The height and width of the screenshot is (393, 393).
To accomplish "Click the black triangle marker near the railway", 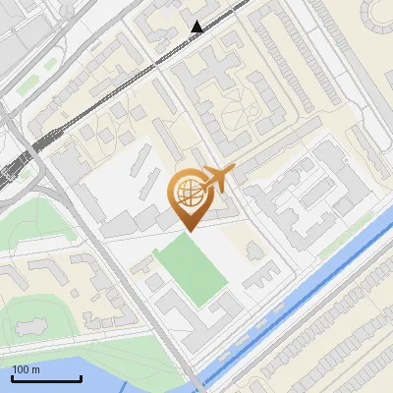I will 197,27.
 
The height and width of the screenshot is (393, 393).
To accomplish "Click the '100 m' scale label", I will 27,369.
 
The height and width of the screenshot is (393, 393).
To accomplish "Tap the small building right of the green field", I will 252,280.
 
